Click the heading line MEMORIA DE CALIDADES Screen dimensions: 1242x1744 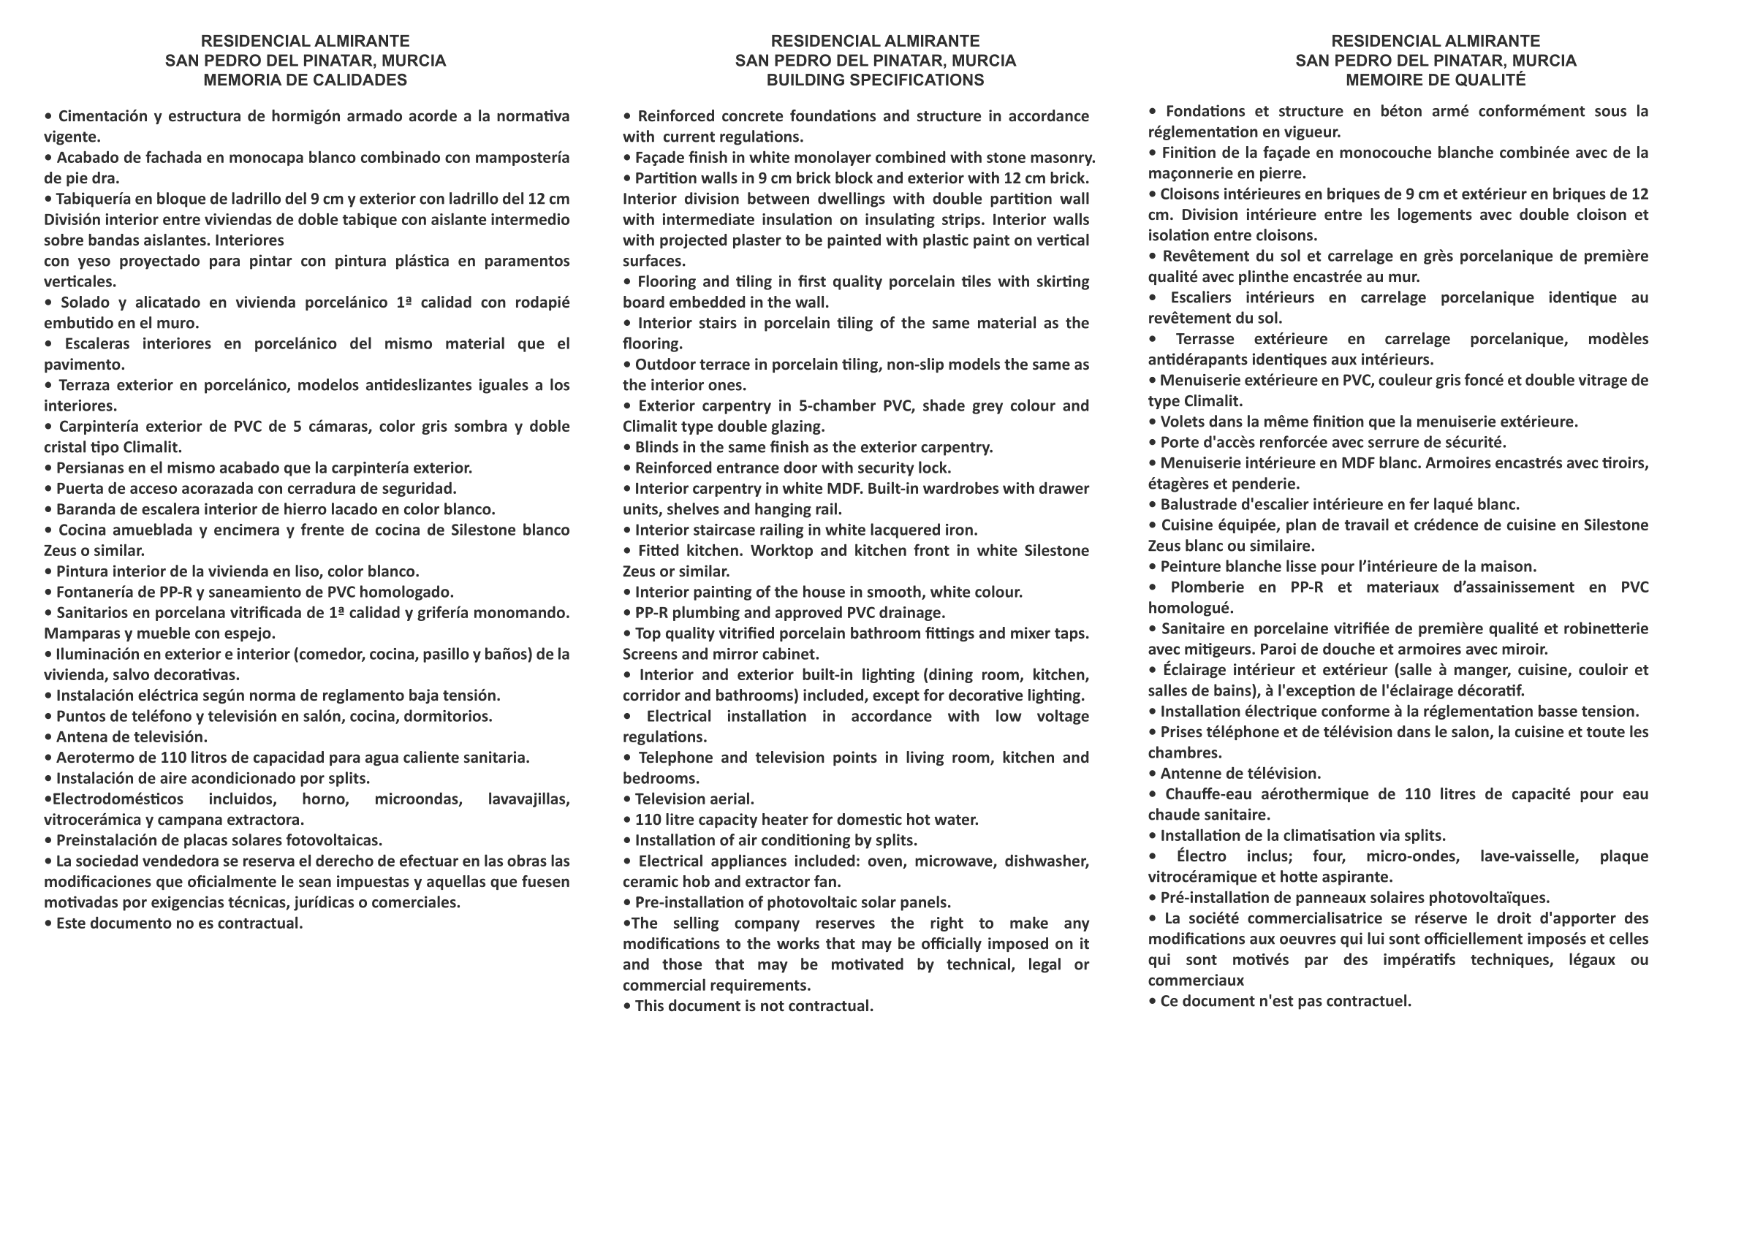(x=306, y=80)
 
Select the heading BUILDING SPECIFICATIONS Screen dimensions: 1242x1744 (x=875, y=80)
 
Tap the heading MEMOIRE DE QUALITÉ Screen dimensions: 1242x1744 (x=1435, y=80)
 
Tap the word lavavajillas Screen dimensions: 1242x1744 (x=528, y=799)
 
